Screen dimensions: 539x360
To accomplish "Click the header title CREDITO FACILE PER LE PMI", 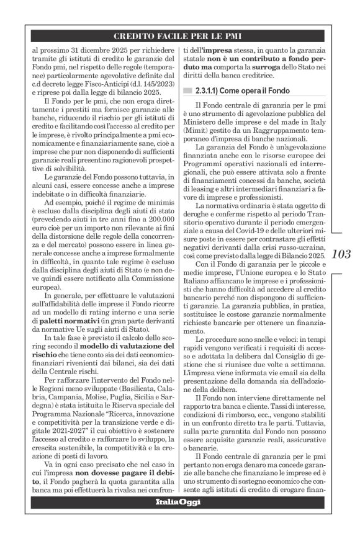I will pos(180,35).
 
